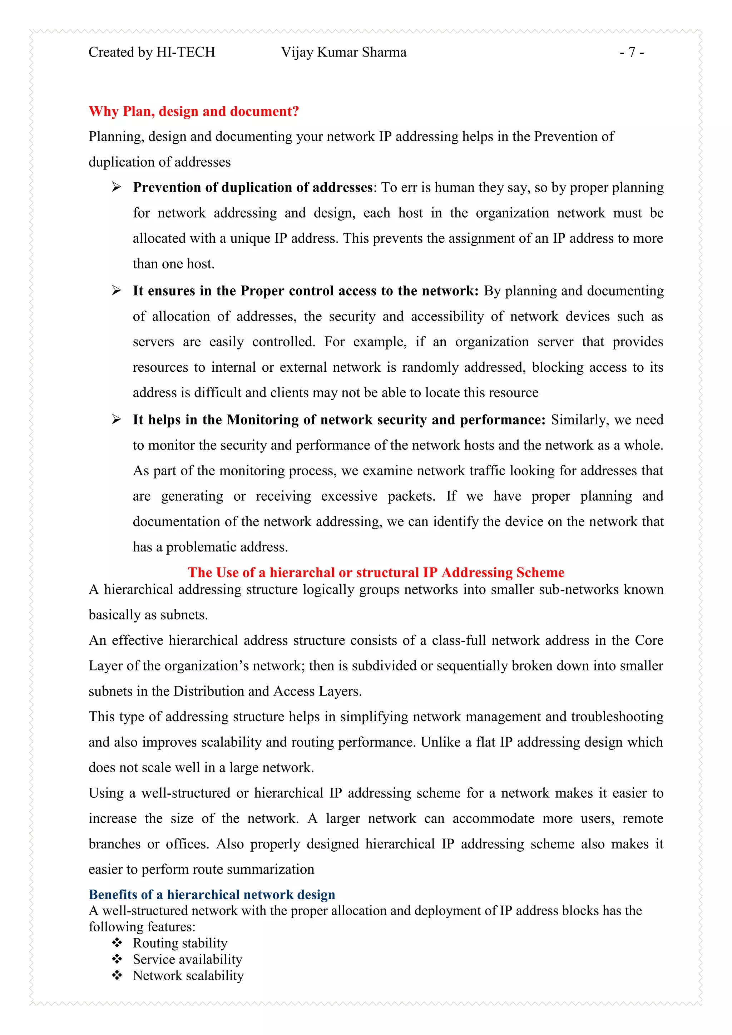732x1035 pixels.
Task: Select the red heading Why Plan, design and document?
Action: click(194, 112)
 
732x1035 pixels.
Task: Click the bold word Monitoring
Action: click(262, 420)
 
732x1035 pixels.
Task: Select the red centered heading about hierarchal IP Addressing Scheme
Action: click(376, 573)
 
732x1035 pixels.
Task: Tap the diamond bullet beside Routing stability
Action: click(117, 942)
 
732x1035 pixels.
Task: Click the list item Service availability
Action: click(188, 959)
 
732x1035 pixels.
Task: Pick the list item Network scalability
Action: click(188, 976)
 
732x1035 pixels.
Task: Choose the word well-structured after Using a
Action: click(186, 793)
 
